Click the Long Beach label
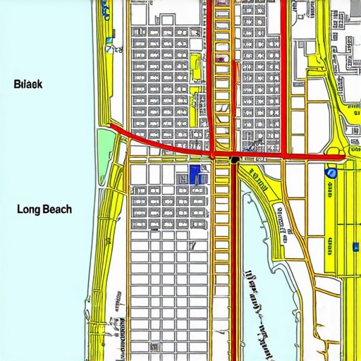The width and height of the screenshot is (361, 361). coord(43,209)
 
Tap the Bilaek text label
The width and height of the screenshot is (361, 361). coord(28,84)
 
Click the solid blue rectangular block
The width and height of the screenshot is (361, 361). coord(195,174)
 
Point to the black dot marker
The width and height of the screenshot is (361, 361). coord(234,160)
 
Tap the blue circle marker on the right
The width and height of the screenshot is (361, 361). coord(331,172)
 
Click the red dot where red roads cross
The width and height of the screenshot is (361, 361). coord(212,154)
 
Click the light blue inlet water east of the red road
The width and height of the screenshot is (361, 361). coord(268,240)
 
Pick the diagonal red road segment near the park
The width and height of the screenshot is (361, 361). coord(141,137)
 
